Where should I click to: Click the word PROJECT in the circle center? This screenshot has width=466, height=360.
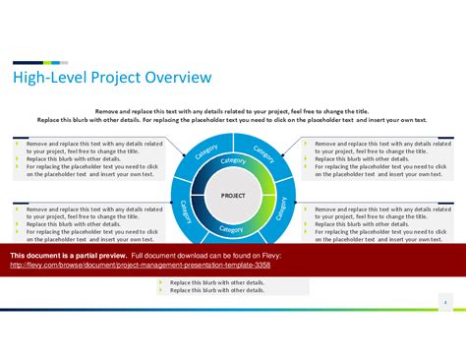(233, 195)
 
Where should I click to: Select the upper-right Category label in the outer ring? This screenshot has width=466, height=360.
(262, 153)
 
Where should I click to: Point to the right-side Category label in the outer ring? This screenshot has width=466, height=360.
(282, 209)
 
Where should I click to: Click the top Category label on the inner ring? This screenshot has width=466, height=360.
(233, 161)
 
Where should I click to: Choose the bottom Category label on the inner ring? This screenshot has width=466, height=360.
(231, 228)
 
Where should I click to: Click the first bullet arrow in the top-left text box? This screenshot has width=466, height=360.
(18, 144)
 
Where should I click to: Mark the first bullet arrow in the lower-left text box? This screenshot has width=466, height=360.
(18, 210)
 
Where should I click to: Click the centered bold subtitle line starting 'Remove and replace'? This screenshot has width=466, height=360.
(233, 111)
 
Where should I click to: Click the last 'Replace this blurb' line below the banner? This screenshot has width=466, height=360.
(216, 290)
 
